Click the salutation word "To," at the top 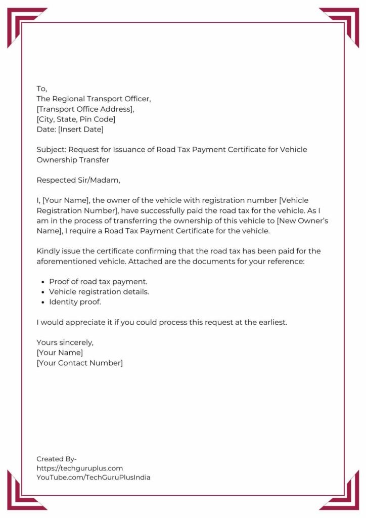(x=41, y=89)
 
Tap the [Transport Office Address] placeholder (x=85, y=109)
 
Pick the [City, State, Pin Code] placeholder (x=76, y=119)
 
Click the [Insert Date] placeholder (x=80, y=129)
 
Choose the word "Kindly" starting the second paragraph (x=48, y=251)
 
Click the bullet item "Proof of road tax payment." (x=98, y=281)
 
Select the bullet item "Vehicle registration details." (x=99, y=292)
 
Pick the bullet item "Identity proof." (x=75, y=302)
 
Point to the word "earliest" (x=270, y=322)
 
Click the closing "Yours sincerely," (x=65, y=342)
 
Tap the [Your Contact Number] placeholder (x=79, y=363)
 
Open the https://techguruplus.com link (x=79, y=468)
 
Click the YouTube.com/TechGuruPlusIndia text (x=93, y=478)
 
